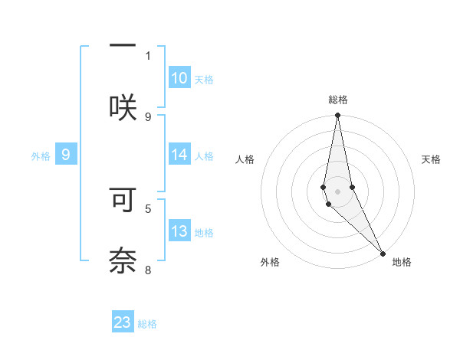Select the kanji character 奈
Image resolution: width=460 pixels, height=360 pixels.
coord(123,261)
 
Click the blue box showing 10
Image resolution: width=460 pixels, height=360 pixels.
coord(179,78)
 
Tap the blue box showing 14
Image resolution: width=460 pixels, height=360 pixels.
coord(179,155)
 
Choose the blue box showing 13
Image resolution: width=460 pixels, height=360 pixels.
coord(179,231)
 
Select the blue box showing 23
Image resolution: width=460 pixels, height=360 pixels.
coord(123,322)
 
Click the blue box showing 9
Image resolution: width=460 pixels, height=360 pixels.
coord(66,155)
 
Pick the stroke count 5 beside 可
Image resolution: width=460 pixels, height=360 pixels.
coord(148,208)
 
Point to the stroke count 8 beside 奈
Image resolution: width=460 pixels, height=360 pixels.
coord(148,270)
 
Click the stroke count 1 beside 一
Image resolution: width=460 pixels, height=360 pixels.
coord(148,55)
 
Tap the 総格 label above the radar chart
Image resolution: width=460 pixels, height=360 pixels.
coord(338,100)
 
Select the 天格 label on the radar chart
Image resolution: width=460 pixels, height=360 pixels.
coord(431,159)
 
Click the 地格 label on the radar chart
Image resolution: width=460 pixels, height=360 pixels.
coord(402,262)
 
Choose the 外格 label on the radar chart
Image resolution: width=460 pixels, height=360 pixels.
coord(270,262)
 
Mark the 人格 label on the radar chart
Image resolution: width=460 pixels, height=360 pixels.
coord(245,159)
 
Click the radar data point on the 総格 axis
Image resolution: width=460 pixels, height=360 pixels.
coord(337,116)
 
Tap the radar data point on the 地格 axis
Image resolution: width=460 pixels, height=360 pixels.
coord(383,253)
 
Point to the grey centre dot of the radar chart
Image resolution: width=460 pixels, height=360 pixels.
coord(337,191)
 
